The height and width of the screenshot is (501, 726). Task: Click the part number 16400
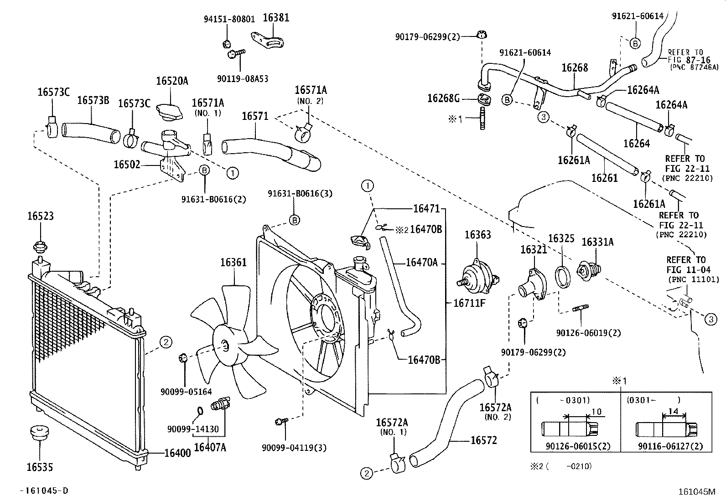pyautogui.click(x=177, y=453)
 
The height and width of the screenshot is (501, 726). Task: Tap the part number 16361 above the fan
pyautogui.click(x=233, y=263)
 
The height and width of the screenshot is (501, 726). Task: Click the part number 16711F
pyautogui.click(x=469, y=302)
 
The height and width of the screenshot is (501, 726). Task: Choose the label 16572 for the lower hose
pyautogui.click(x=483, y=440)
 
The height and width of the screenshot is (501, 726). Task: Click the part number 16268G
pyautogui.click(x=443, y=98)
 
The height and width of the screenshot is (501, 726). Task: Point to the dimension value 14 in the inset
pyautogui.click(x=673, y=411)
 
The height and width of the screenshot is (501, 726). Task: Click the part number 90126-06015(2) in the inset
pyautogui.click(x=578, y=447)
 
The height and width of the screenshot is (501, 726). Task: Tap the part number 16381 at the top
pyautogui.click(x=276, y=18)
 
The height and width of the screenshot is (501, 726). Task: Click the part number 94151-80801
pyautogui.click(x=227, y=20)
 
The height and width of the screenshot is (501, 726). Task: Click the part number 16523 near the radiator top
pyautogui.click(x=40, y=216)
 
